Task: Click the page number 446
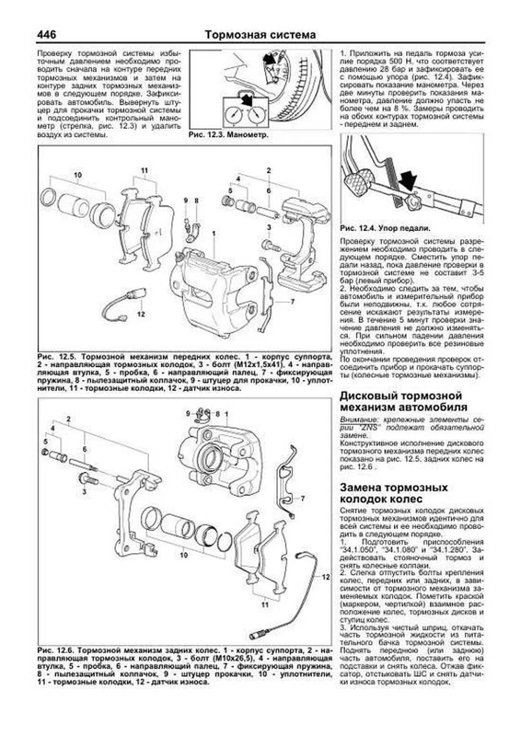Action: [46, 34]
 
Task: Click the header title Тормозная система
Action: [260, 35]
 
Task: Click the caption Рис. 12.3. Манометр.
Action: [228, 135]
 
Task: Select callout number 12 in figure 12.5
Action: [140, 314]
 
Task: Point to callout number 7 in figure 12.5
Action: [292, 301]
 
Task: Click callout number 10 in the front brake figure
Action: [78, 175]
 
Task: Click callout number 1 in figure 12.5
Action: [214, 234]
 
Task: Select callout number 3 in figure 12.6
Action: [84, 491]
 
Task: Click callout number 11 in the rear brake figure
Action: [265, 605]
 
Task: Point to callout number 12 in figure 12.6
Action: [326, 577]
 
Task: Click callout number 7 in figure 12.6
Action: [303, 499]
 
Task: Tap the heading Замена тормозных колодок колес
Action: [393, 493]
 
